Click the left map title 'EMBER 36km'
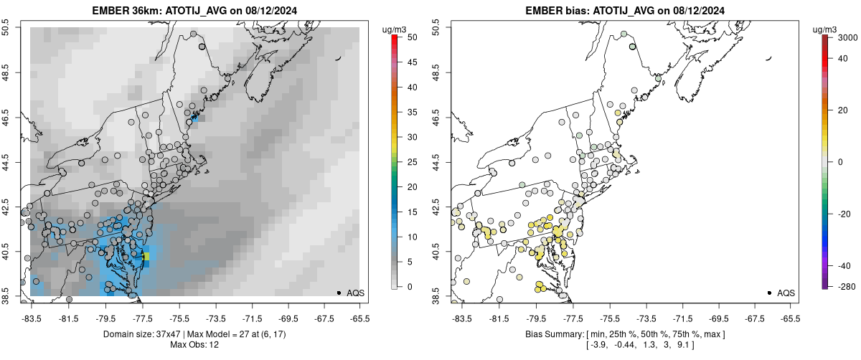pyautogui.click(x=126, y=11)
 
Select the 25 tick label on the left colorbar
pyautogui.click(x=407, y=162)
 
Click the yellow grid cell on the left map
pyautogui.click(x=146, y=256)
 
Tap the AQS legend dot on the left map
pyautogui.click(x=338, y=293)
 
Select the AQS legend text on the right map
pyautogui.click(x=786, y=293)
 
